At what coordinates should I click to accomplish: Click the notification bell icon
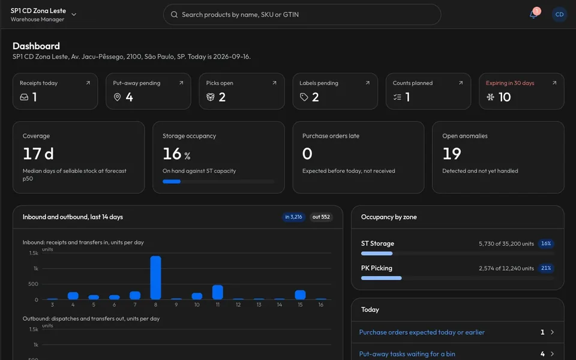click(x=533, y=14)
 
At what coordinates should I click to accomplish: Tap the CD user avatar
click(x=559, y=14)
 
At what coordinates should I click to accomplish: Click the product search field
click(x=302, y=14)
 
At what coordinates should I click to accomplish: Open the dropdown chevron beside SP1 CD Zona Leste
click(x=74, y=14)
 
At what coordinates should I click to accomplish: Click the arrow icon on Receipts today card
click(x=88, y=83)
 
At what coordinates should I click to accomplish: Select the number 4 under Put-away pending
click(x=130, y=97)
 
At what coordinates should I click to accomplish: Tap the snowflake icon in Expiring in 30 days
click(x=490, y=97)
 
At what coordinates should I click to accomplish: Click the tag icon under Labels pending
click(x=304, y=97)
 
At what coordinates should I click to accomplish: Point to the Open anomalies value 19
click(x=452, y=154)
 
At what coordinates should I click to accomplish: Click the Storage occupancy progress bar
click(x=218, y=181)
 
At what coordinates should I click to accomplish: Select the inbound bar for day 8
click(x=156, y=278)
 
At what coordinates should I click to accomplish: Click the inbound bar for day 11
click(x=218, y=292)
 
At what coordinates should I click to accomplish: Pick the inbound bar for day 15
click(x=300, y=295)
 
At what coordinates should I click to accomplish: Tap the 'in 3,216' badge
click(x=293, y=217)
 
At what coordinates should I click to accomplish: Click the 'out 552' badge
click(x=321, y=217)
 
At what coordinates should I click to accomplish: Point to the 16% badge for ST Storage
click(x=546, y=244)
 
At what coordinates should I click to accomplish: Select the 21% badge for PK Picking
click(x=546, y=268)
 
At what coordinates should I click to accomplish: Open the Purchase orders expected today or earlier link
click(x=422, y=332)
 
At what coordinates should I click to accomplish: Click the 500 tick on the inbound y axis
click(x=33, y=284)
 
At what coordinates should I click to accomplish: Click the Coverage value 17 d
click(x=38, y=154)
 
